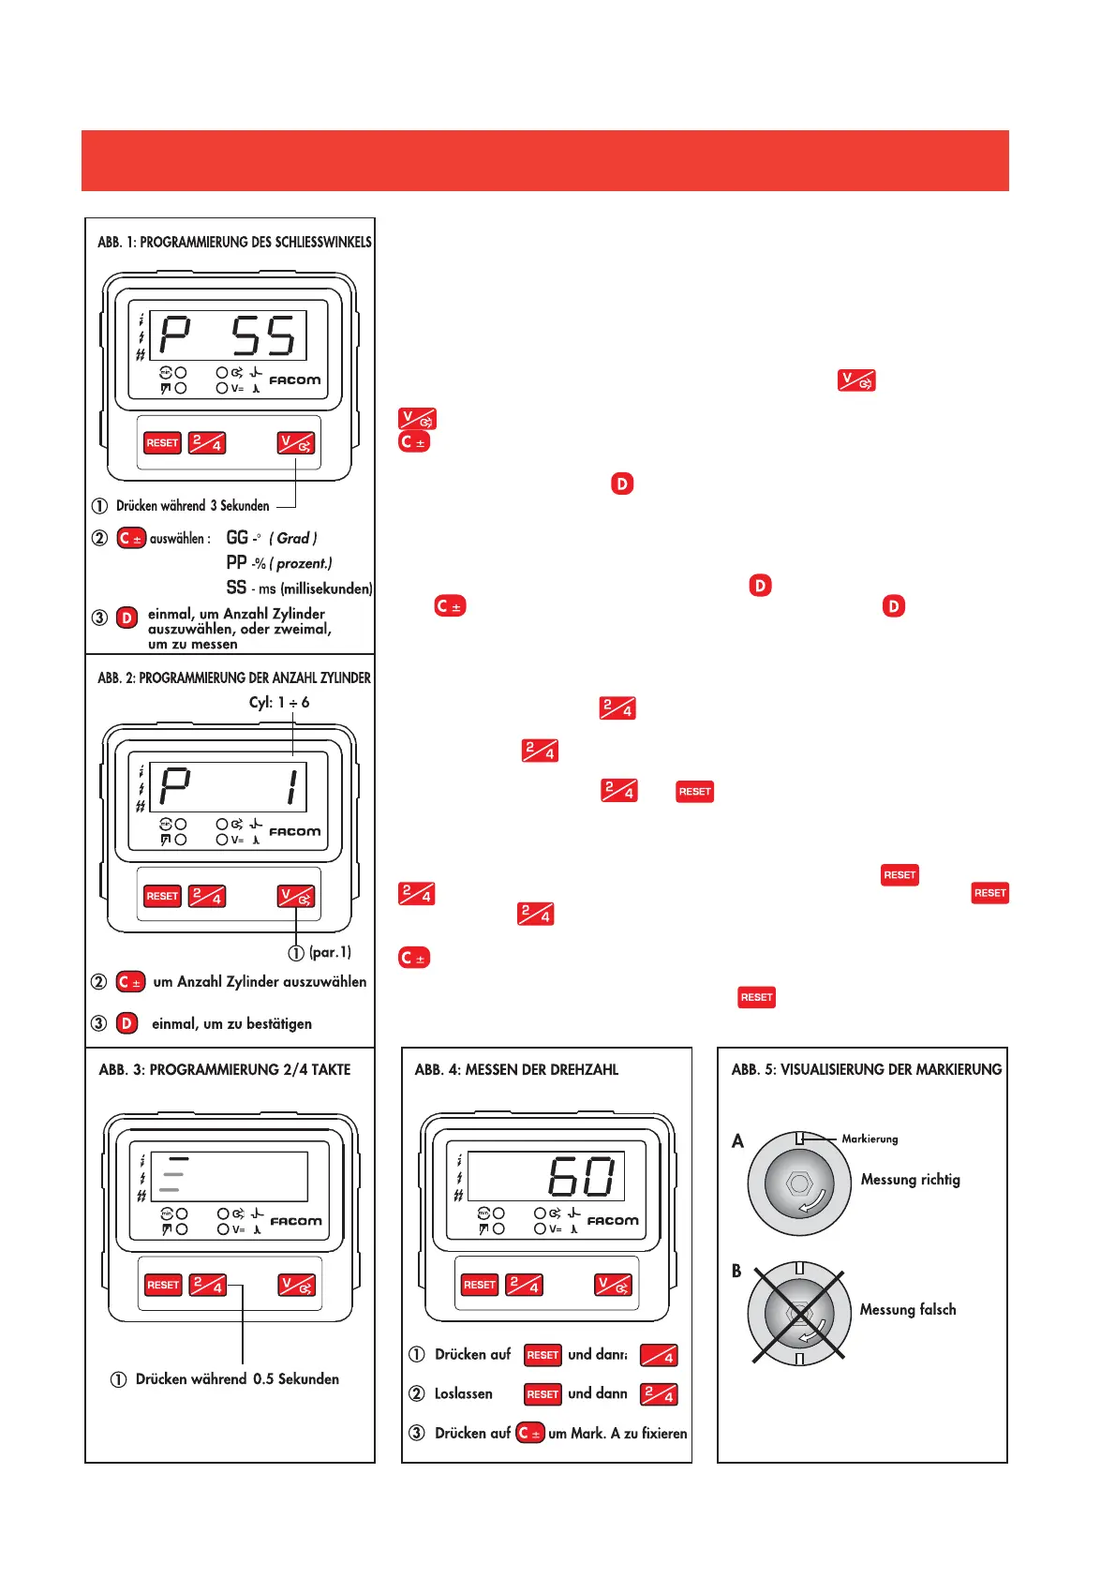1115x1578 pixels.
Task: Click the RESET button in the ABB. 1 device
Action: (162, 443)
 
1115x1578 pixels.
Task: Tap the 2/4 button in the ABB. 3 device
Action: (208, 1285)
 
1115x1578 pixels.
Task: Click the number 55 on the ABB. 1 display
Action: (263, 336)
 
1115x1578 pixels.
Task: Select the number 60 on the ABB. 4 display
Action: (582, 1177)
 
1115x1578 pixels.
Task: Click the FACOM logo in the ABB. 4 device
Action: (613, 1221)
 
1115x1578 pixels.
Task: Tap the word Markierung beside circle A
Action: (870, 1139)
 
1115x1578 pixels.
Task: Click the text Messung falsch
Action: (908, 1310)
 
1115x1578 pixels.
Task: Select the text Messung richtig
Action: (911, 1180)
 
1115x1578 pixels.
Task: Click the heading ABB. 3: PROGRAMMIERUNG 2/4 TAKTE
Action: (225, 1069)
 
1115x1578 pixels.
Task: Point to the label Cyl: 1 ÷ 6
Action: (279, 702)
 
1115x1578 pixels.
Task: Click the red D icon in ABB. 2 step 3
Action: (127, 1023)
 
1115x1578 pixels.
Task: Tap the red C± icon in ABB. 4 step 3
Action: (530, 1433)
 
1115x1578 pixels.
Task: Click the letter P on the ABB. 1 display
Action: (175, 336)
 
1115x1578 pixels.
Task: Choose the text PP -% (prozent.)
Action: (279, 563)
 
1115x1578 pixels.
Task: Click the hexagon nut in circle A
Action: (800, 1183)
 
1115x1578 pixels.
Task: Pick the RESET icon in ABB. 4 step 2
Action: (543, 1394)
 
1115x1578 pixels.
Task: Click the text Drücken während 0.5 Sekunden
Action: (237, 1379)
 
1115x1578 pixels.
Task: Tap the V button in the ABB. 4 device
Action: (614, 1285)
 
